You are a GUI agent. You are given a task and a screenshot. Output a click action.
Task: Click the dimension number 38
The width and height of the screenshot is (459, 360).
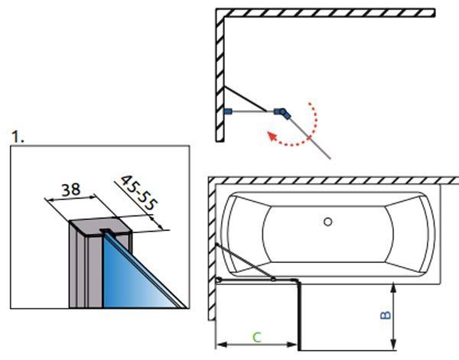pyautogui.click(x=71, y=190)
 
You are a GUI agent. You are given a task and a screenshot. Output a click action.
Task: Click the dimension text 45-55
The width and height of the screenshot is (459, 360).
pyautogui.click(x=139, y=193)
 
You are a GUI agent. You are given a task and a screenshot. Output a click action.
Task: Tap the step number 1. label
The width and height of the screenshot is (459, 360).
pyautogui.click(x=18, y=137)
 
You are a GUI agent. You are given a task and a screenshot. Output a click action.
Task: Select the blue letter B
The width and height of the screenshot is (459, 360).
pyautogui.click(x=386, y=315)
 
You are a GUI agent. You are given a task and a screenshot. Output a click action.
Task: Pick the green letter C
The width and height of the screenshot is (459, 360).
pyautogui.click(x=257, y=337)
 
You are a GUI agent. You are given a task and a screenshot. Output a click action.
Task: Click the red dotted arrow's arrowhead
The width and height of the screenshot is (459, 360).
pyautogui.click(x=272, y=136)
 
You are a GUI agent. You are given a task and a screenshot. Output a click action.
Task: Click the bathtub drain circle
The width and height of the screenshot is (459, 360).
pyautogui.click(x=328, y=222)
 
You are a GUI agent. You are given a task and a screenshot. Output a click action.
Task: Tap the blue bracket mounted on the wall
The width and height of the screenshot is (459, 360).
pyautogui.click(x=228, y=112)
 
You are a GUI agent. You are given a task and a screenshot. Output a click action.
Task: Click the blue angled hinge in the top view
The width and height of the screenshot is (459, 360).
pyautogui.click(x=282, y=113)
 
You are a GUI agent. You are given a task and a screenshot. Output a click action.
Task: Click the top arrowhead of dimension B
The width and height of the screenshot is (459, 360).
pyautogui.click(x=394, y=288)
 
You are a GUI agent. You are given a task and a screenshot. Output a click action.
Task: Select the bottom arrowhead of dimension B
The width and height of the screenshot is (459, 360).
pyautogui.click(x=394, y=345)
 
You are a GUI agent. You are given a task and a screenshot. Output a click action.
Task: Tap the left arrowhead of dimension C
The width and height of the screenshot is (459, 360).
pyautogui.click(x=222, y=345)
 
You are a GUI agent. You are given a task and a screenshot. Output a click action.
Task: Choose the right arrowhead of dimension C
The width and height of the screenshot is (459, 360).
pyautogui.click(x=292, y=345)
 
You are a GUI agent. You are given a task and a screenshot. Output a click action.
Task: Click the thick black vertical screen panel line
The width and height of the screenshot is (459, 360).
pyautogui.click(x=299, y=316)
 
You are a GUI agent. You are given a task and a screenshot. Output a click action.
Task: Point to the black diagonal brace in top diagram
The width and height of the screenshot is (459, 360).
pyautogui.click(x=246, y=99)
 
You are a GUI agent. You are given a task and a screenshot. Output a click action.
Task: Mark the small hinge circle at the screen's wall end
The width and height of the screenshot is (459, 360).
pyautogui.click(x=218, y=281)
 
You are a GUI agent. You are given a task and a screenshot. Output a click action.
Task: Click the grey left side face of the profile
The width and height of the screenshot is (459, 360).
pyautogui.click(x=78, y=266)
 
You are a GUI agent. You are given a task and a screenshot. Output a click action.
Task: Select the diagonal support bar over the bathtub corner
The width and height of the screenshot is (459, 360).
pyautogui.click(x=245, y=261)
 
